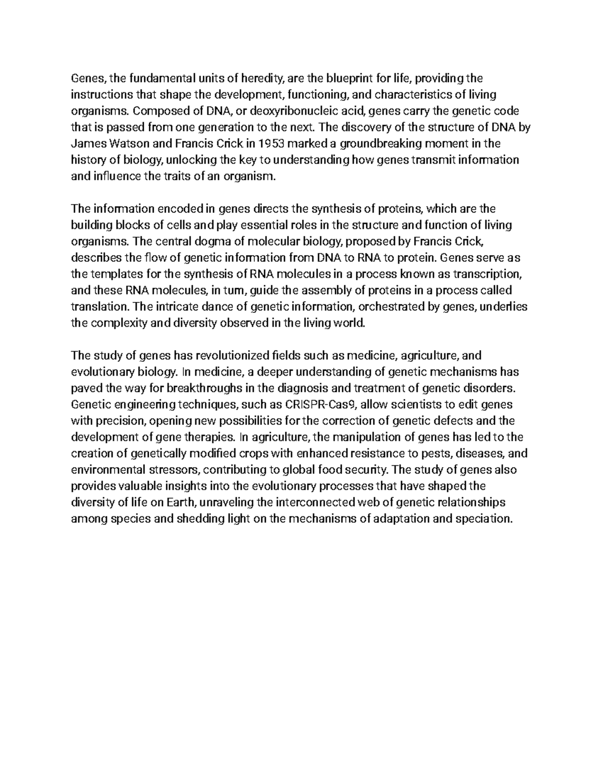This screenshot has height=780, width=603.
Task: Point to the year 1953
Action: [x=271, y=144]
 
